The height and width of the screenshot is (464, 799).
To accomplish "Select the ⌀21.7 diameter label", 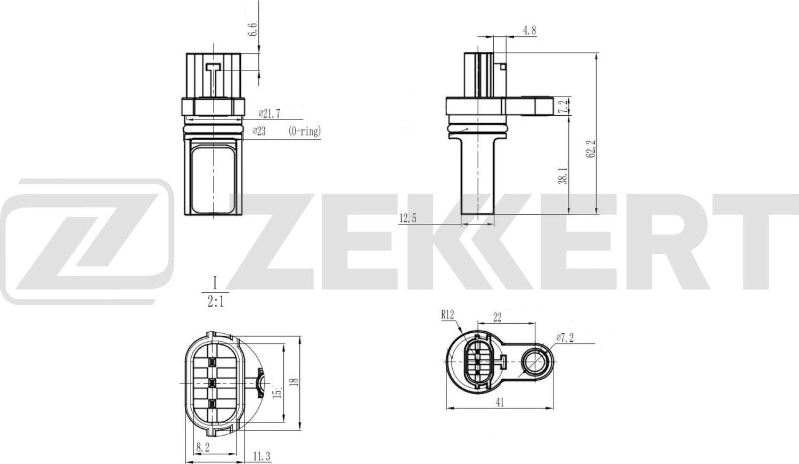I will tap(270, 113).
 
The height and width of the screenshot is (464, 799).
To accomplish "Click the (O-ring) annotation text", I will tap(305, 131).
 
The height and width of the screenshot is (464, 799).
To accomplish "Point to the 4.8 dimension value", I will tap(529, 30).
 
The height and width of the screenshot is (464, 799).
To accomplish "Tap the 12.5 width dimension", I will tap(407, 218).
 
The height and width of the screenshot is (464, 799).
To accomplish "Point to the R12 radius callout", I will tap(447, 315).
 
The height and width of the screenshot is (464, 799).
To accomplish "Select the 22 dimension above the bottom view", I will tap(498, 317).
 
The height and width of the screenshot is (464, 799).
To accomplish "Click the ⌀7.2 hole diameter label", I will tap(564, 338).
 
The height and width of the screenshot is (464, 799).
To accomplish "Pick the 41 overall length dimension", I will tap(499, 403).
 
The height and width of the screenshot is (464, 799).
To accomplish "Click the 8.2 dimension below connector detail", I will tap(203, 449).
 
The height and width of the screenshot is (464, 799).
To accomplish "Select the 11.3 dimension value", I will tap(262, 456).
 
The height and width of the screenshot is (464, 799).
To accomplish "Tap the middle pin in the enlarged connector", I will tap(211, 382).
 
